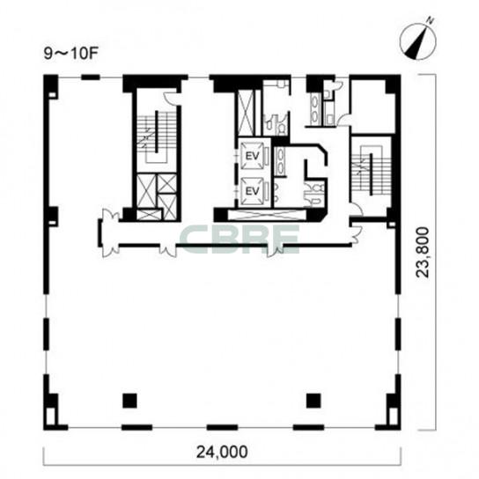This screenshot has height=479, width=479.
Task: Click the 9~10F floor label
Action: [x=70, y=55]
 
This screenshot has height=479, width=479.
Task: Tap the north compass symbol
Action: [x=418, y=42]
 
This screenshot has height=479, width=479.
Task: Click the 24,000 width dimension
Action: [x=222, y=452]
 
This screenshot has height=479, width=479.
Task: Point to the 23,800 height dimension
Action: [x=424, y=252]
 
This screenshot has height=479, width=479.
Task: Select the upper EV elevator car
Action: [x=253, y=156]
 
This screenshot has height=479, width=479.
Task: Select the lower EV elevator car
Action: [x=253, y=191]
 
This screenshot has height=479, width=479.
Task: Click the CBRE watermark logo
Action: [x=240, y=239]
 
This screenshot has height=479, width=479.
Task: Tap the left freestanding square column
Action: [x=129, y=401]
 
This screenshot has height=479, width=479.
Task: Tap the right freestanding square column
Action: [x=313, y=401]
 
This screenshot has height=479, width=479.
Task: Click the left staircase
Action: [x=157, y=136]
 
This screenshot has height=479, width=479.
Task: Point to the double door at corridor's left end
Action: [x=108, y=232]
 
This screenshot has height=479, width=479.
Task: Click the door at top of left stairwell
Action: [x=171, y=98]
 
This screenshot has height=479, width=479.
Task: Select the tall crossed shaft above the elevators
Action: [x=246, y=113]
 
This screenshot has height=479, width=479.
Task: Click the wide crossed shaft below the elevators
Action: [x=267, y=215]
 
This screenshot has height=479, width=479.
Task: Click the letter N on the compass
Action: [x=430, y=21]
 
